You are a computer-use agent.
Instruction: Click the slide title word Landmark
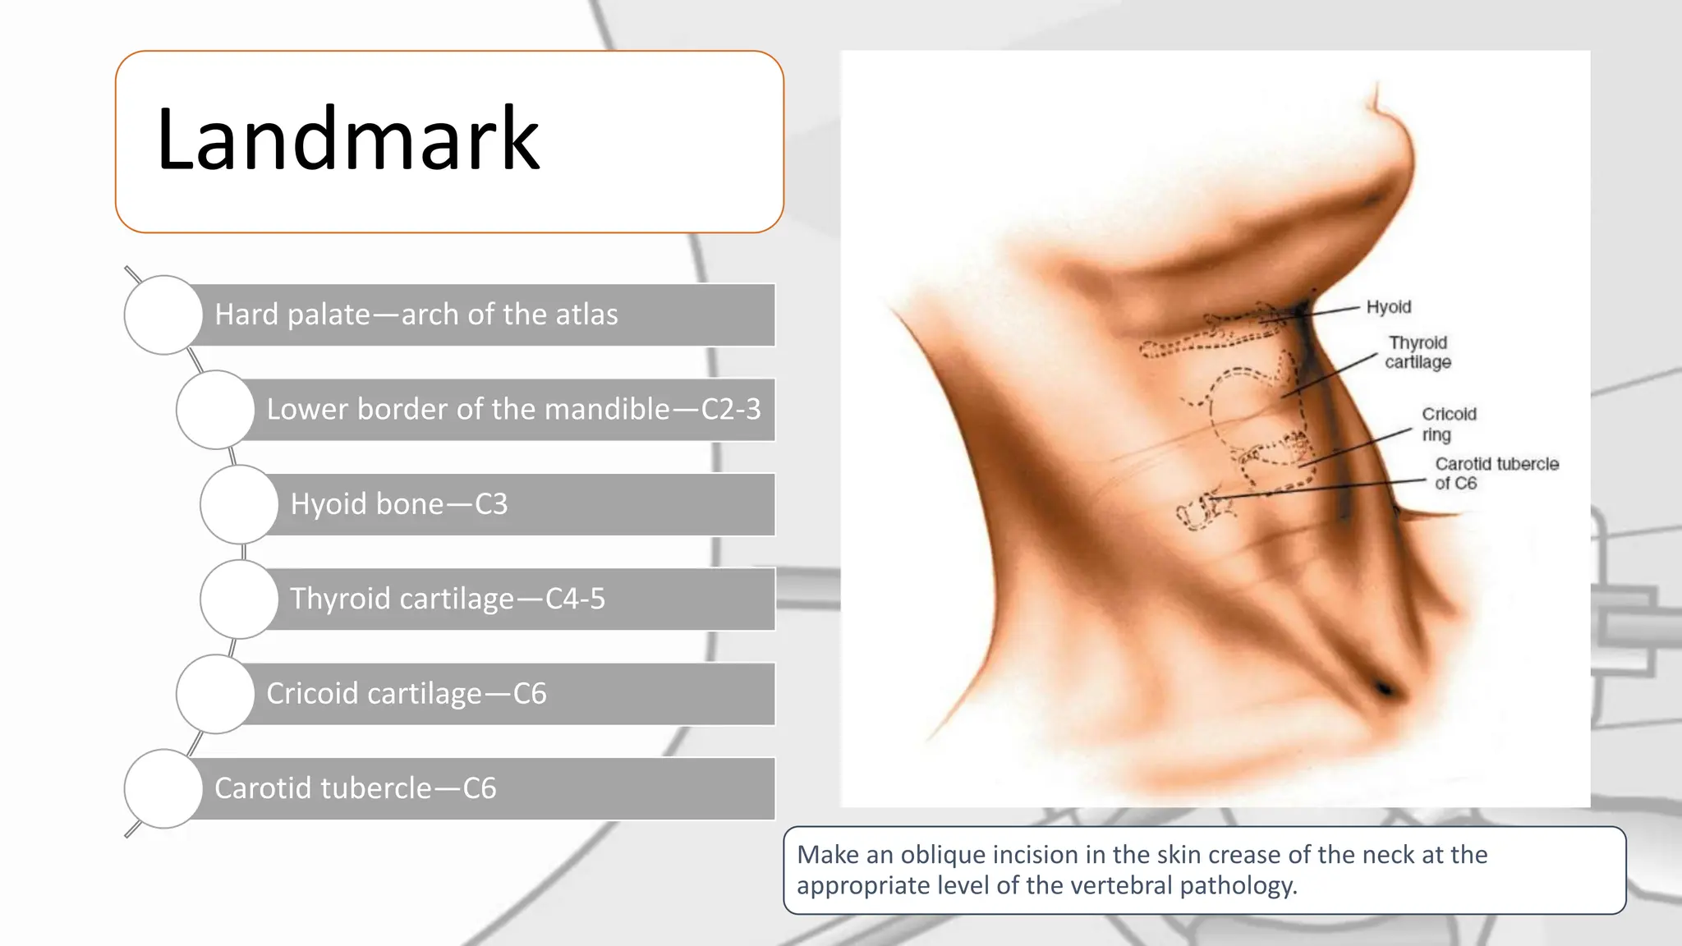[x=347, y=140]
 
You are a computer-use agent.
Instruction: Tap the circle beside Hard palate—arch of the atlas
[x=163, y=315]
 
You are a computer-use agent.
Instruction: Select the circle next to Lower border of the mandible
[x=215, y=409]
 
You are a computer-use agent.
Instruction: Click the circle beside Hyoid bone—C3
[x=239, y=504]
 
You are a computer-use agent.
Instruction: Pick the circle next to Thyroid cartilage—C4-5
[x=239, y=599]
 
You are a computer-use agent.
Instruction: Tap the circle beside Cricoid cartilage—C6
[x=215, y=694]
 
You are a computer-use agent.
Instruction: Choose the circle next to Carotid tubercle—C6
[x=163, y=788]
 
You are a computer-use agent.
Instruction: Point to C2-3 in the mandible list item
[x=731, y=409]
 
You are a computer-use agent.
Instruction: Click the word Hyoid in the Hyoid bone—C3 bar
[x=329, y=504]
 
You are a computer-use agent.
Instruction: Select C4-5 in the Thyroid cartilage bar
[x=575, y=599]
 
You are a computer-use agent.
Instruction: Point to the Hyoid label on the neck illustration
[x=1389, y=307]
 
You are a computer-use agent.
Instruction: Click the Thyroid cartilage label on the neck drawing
[x=1418, y=352]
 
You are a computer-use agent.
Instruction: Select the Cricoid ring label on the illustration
[x=1449, y=424]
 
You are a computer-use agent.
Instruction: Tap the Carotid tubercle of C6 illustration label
[x=1496, y=474]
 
